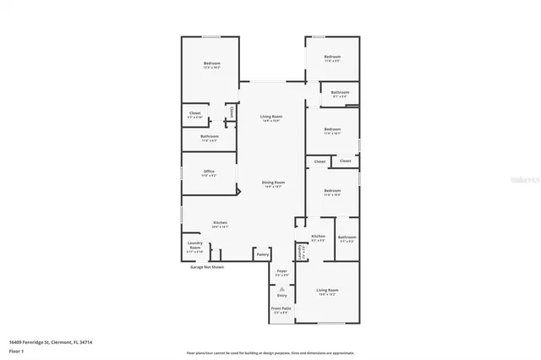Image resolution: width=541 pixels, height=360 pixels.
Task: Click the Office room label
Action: (x=209, y=172)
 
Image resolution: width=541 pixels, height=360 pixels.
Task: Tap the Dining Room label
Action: (x=272, y=183)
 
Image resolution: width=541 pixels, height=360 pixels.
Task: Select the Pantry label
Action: (x=262, y=254)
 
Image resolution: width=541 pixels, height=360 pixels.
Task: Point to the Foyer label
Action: (x=281, y=271)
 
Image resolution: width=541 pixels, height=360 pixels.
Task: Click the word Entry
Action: (x=281, y=295)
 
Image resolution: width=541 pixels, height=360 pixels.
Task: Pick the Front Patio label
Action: (x=281, y=309)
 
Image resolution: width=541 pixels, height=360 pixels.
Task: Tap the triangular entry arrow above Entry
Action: (x=281, y=287)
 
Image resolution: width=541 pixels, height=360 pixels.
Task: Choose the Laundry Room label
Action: (x=194, y=247)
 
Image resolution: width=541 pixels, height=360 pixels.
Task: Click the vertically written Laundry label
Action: (x=299, y=251)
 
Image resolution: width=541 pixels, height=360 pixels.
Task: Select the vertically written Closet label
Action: (x=231, y=110)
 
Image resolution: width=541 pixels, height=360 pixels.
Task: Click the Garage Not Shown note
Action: (x=206, y=266)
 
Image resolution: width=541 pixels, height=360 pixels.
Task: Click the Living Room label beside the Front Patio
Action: (x=326, y=291)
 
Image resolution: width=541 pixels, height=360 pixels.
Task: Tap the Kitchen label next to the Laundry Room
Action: (x=219, y=223)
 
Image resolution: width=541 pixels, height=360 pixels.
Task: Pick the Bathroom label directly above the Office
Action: (x=209, y=136)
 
